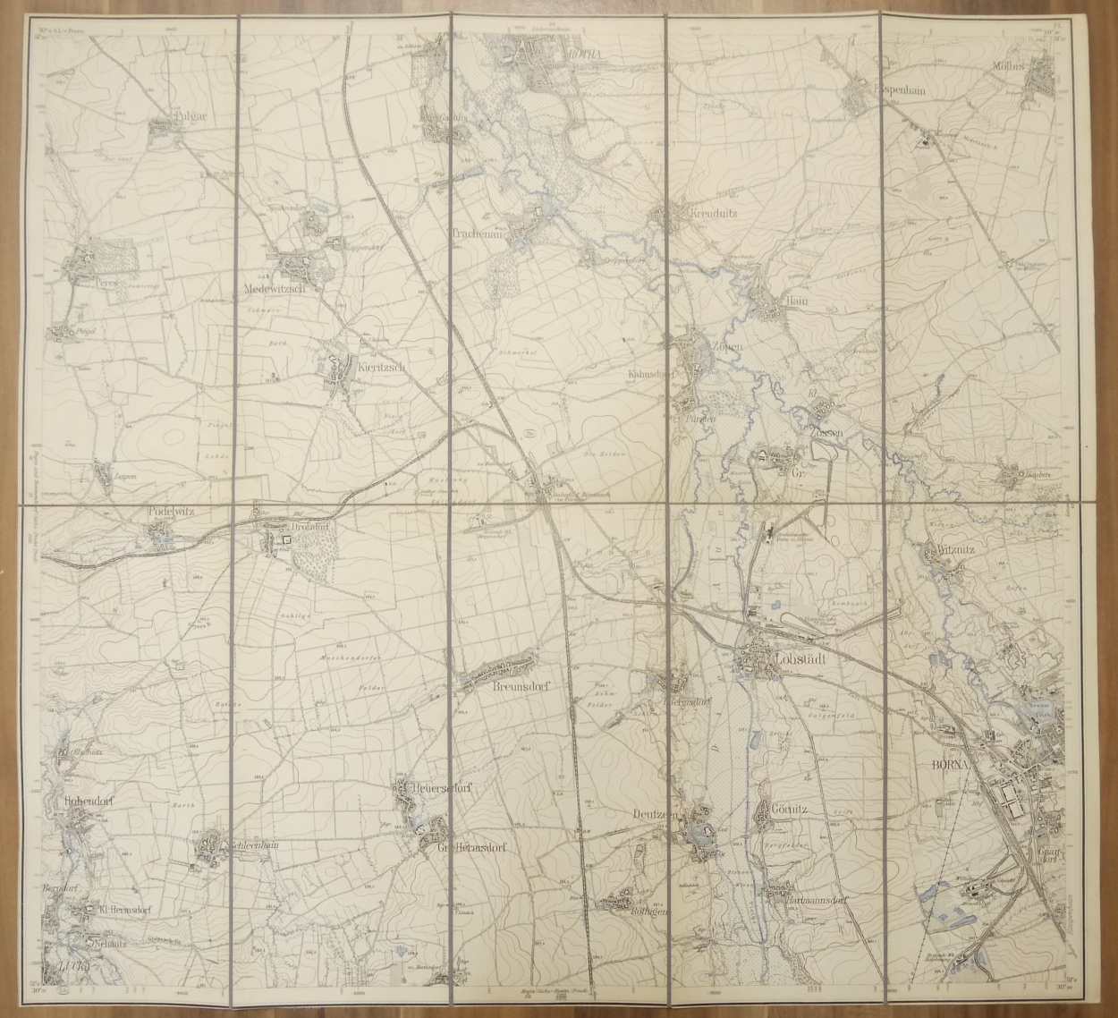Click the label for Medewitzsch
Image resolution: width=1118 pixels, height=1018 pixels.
coord(275,288)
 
